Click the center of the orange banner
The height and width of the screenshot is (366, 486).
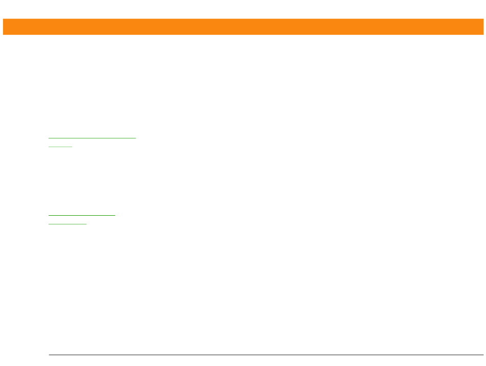243,27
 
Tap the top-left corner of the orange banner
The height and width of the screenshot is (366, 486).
3,19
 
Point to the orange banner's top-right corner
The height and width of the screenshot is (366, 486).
483,19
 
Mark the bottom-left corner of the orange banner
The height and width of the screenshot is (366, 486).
3,35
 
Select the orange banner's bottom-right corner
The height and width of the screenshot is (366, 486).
483,35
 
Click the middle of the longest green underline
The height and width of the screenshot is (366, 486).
92,138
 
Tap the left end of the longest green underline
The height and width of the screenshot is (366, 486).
49,138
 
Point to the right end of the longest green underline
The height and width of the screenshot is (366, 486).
136,138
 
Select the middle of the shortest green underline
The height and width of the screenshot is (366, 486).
60,146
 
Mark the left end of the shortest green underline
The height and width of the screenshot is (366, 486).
49,146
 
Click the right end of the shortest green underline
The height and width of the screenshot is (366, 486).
73,146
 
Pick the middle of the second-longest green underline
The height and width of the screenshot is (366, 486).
82,215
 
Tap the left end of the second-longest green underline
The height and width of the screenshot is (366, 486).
49,215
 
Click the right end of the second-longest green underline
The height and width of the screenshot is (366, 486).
116,215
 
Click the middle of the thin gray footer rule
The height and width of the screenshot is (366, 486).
266,354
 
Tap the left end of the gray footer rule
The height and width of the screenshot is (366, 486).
49,354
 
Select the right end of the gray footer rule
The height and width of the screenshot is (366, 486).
483,354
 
